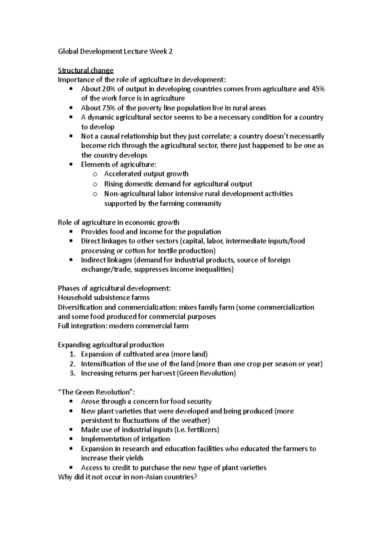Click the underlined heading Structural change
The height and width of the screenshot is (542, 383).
86,70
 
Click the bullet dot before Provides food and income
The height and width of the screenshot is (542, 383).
71,232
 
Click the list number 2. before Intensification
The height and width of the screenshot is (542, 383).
72,364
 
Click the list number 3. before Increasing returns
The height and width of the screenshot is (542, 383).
72,373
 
